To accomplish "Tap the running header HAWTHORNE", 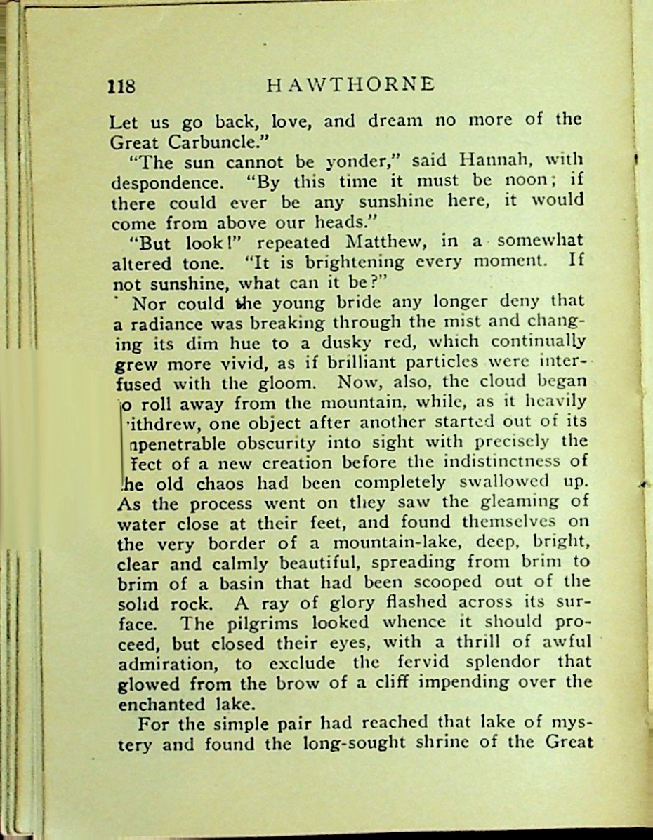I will [351, 84].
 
